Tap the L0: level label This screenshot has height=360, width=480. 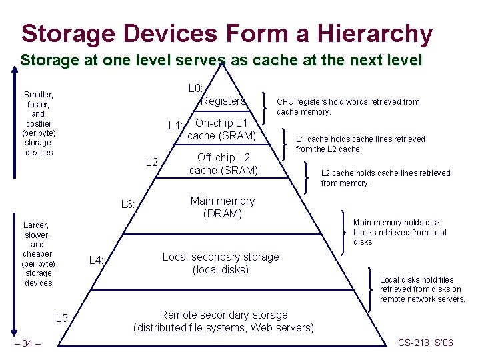coord(195,88)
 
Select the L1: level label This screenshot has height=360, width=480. coord(176,125)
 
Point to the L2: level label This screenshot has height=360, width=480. coord(153,163)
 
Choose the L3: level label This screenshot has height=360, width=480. coord(128,204)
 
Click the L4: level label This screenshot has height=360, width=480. coord(97,260)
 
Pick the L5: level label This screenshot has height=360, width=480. coord(63,318)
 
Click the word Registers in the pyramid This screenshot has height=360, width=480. coord(223,101)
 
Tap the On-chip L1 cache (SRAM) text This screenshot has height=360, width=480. coord(221,129)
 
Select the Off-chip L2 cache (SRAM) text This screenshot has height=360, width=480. coord(223,164)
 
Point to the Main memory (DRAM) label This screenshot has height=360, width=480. coord(223,207)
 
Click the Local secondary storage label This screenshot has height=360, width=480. coord(221,263)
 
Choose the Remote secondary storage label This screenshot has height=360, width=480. coord(224,321)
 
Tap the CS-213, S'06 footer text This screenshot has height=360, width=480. coord(425,343)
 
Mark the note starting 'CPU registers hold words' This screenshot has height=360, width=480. coord(348,107)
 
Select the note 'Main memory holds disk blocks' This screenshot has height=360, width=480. coord(400,232)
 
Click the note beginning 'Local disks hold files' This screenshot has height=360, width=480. coord(422,289)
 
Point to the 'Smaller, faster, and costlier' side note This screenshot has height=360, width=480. coord(39,123)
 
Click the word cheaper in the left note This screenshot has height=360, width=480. coord(37,254)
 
